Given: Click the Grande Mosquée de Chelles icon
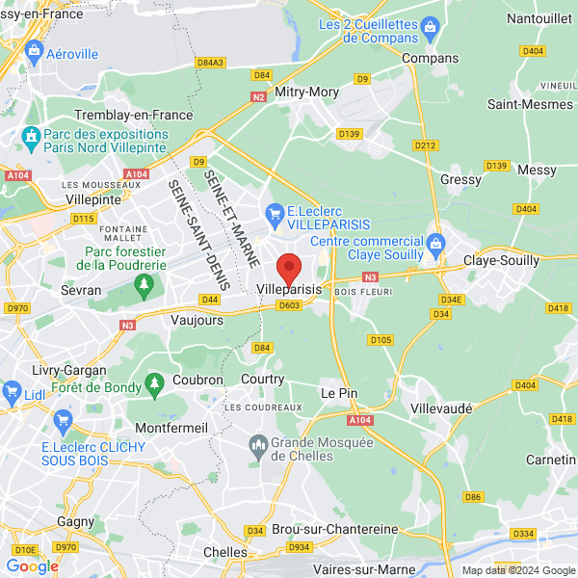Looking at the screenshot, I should coord(258,443).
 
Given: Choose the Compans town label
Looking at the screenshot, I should coord(430,58).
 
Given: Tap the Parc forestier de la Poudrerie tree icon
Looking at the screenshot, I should coord(144,283).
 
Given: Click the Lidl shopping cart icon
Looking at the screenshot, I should coord(12,390).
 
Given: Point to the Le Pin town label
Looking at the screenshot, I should coord(339,393).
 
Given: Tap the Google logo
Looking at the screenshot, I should coord(32,566).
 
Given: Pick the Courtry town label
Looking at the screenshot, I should coord(262,380).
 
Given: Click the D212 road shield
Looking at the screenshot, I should coord(425,145).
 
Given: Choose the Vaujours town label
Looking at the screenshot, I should coord(197,320).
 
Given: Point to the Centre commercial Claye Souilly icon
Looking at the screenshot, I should coord(435,241).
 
